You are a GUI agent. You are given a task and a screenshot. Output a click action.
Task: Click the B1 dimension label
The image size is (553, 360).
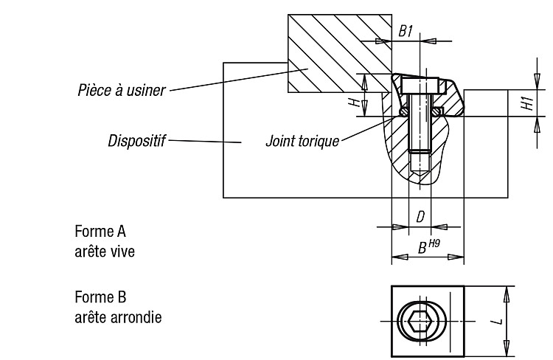(x=406, y=31)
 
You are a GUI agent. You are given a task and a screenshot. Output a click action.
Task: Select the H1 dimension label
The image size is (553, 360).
(x=528, y=103)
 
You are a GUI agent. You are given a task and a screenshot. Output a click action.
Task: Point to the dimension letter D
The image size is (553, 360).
(x=420, y=217)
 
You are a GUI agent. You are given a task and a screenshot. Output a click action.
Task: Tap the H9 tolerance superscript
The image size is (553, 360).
(x=434, y=243)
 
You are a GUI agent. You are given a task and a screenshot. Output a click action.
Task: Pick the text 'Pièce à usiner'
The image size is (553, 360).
(x=122, y=90)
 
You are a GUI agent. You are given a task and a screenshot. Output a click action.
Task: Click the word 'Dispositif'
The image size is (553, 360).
(x=136, y=141)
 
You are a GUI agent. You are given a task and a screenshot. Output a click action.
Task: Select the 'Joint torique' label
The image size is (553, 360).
(x=302, y=141)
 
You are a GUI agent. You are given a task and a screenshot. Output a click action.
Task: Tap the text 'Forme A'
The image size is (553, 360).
(x=100, y=232)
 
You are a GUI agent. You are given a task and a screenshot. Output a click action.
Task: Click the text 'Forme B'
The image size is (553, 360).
(x=100, y=297)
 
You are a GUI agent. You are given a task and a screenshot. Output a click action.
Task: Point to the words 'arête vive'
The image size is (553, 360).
(x=105, y=252)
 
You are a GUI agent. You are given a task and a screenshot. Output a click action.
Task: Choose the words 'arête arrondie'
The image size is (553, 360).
(x=118, y=317)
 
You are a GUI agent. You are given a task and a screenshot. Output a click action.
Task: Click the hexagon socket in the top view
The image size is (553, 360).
(x=421, y=322)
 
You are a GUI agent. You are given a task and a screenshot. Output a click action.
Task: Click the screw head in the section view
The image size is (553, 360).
(x=420, y=86)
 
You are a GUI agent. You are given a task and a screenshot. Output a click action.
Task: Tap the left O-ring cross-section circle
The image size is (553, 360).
(x=403, y=111)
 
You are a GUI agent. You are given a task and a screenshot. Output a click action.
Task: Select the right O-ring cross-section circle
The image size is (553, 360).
(x=437, y=111)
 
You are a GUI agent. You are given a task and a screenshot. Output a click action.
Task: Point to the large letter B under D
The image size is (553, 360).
(x=422, y=248)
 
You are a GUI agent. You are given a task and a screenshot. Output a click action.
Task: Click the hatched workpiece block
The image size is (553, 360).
(x=340, y=53)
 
